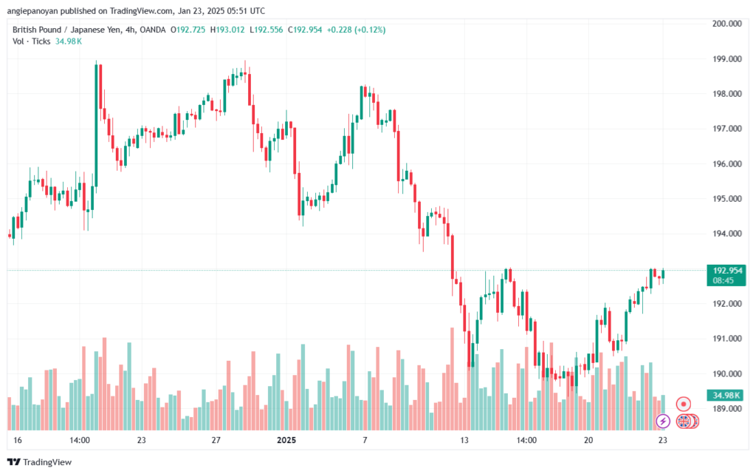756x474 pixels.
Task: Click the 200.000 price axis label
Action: pyautogui.click(x=727, y=24)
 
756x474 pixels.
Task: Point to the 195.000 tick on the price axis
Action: pyautogui.click(x=727, y=199)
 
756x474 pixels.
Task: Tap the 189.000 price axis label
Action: pyautogui.click(x=727, y=409)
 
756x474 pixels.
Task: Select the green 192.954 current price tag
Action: pyautogui.click(x=726, y=275)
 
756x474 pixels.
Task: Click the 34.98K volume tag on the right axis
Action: pyautogui.click(x=726, y=396)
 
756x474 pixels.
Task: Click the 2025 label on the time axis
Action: pyautogui.click(x=286, y=440)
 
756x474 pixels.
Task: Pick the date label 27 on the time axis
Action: pyautogui.click(x=216, y=440)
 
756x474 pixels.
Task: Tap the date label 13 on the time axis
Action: pyautogui.click(x=464, y=440)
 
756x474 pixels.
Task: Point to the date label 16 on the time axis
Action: pyautogui.click(x=18, y=440)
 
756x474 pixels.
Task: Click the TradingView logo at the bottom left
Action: pyautogui.click(x=40, y=462)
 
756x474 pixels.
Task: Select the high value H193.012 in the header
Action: pyautogui.click(x=227, y=30)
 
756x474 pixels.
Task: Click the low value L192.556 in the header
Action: pyautogui.click(x=267, y=30)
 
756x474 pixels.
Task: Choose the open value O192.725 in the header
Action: pyautogui.click(x=188, y=30)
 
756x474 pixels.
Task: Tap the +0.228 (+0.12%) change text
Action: pyautogui.click(x=357, y=30)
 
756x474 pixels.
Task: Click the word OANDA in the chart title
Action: pyautogui.click(x=153, y=30)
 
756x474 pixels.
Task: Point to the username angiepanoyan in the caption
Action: pyautogui.click(x=32, y=10)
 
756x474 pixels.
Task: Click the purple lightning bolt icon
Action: pyautogui.click(x=663, y=421)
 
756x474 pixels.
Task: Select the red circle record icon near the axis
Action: pyautogui.click(x=683, y=404)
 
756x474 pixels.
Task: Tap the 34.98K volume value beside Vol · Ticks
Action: pyautogui.click(x=69, y=41)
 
